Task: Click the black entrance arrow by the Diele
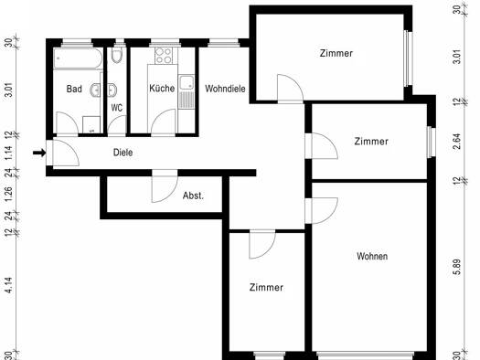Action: point(39,153)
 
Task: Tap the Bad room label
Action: point(74,89)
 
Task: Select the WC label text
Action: point(117,108)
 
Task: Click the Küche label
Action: point(162,88)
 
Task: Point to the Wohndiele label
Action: point(225,89)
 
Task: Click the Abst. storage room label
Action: point(193,196)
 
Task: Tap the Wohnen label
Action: point(372,256)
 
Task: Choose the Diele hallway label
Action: point(123,153)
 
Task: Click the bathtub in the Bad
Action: point(78,58)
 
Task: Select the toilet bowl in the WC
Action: point(117,55)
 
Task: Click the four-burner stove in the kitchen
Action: point(164,56)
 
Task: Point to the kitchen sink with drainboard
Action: point(187,91)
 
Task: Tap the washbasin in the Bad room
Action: point(95,90)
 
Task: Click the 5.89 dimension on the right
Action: point(456,267)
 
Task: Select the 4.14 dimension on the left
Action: point(9,285)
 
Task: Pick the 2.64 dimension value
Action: point(456,142)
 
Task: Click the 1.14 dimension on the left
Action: point(9,153)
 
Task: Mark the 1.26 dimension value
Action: point(9,194)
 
